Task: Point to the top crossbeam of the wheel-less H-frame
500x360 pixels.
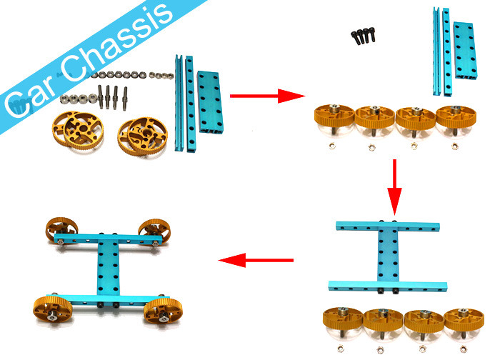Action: pyautogui.click(x=394, y=227)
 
